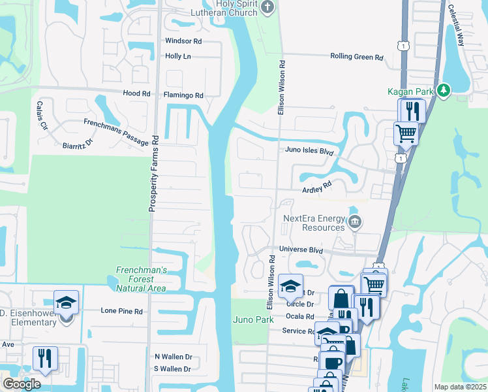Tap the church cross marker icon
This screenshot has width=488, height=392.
(267, 7)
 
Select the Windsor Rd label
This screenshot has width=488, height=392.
(183, 41)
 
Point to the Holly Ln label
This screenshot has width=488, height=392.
(178, 57)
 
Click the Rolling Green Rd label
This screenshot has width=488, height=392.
(356, 57)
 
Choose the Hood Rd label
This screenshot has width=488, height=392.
(136, 94)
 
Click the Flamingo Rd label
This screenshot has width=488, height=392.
(183, 95)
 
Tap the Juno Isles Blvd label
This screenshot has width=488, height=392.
(309, 150)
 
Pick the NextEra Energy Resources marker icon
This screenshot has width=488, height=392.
(354, 222)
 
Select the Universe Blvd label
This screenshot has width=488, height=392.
(301, 250)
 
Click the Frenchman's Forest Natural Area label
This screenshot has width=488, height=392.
(142, 279)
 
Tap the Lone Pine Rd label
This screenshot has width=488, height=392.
(121, 312)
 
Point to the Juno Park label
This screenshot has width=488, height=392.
(251, 319)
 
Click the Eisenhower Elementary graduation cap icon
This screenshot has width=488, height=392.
(67, 302)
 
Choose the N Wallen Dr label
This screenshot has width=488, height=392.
(173, 357)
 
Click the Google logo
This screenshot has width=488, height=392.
(22, 384)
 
